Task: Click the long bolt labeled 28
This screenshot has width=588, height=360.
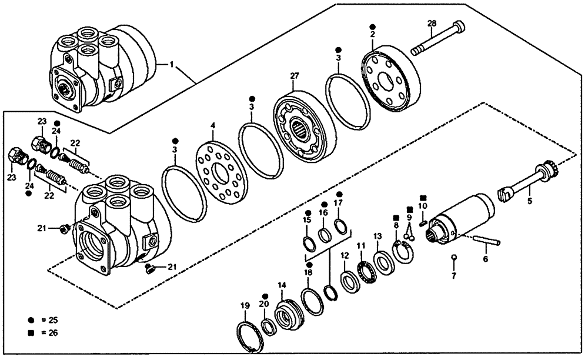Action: [438, 39]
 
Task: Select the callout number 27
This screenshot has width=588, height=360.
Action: [295, 76]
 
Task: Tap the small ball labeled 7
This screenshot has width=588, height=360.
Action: [454, 256]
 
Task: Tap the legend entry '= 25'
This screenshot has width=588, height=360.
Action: [44, 321]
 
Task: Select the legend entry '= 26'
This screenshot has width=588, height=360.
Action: [44, 334]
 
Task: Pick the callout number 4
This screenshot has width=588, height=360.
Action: [213, 125]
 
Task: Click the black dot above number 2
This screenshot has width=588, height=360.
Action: [372, 27]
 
